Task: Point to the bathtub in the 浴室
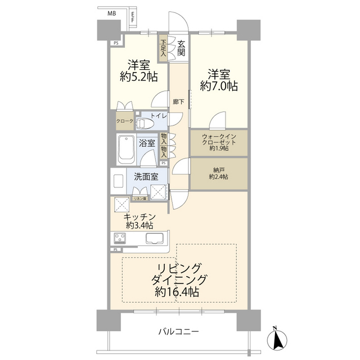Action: point(127,148)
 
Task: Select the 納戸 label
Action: point(218,169)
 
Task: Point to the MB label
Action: point(112,13)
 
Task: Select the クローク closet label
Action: point(124,121)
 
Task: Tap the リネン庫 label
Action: point(139,199)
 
